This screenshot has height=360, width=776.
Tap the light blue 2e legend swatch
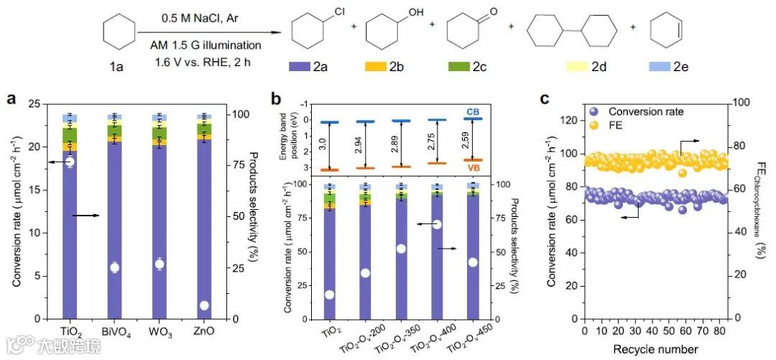point(660,67)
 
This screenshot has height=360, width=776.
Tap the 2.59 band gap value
point(463,139)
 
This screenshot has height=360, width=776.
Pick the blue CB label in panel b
point(473,111)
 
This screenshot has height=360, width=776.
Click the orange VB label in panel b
point(473,167)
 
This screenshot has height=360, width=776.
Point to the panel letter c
point(543,99)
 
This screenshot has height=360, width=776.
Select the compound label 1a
point(116,67)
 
